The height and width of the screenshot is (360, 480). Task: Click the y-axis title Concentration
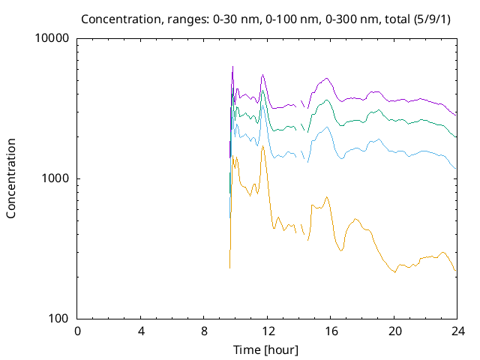point(11,178)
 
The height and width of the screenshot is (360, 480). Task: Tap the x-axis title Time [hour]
point(266,349)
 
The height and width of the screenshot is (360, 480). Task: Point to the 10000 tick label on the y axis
point(52,39)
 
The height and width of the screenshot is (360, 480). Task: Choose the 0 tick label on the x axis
point(77,331)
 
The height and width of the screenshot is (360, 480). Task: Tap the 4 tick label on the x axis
point(141,331)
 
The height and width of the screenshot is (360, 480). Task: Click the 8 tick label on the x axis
point(204,331)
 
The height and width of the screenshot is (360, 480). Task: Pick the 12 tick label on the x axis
point(268,331)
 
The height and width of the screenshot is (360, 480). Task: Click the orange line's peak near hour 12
point(262,145)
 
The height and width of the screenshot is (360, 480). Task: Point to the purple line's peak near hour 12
point(262,75)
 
